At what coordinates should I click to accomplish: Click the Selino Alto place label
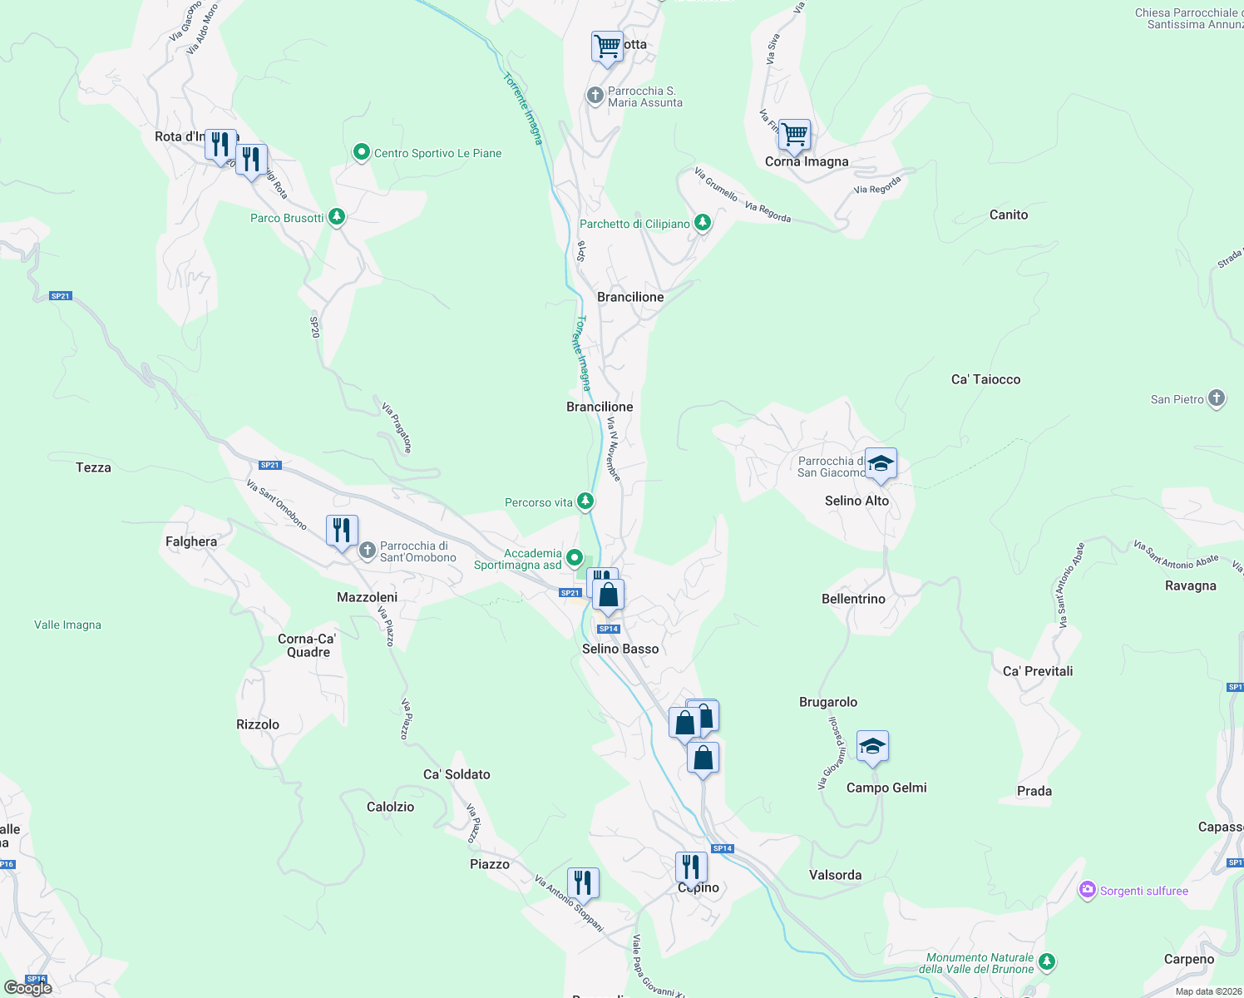856,501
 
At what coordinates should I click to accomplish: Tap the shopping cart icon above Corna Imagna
795,134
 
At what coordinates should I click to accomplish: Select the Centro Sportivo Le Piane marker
362,152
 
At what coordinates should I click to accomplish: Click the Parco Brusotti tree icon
337,217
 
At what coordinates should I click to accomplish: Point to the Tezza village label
93,467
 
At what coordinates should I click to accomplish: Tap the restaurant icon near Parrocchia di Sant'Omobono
342,530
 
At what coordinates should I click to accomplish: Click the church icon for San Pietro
1217,398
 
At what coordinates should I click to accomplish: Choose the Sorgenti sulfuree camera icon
1087,891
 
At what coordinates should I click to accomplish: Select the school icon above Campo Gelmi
871,747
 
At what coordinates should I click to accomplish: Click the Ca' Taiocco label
985,379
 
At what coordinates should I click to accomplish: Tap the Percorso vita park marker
585,501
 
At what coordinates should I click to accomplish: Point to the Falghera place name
191,541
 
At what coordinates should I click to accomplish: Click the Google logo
28,988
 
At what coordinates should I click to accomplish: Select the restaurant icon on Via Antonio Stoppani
583,882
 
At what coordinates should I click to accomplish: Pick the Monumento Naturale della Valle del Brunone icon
1047,962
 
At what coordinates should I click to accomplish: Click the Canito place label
1009,215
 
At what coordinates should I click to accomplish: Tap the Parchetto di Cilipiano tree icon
703,223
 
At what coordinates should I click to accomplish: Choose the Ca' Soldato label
457,774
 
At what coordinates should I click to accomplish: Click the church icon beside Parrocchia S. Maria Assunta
595,96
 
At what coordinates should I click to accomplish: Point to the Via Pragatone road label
397,427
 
